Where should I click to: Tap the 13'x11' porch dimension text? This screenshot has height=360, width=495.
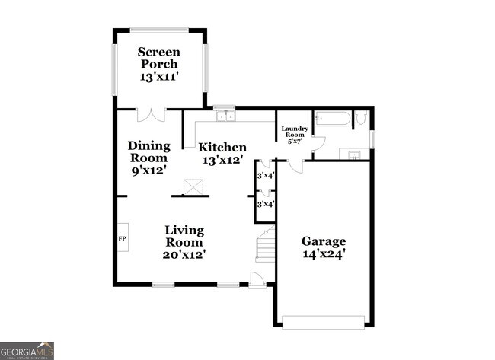point(158,77)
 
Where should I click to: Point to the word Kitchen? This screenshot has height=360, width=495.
point(222,147)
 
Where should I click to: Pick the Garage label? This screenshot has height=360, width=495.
point(324,241)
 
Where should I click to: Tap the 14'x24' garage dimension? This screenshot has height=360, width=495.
point(324,256)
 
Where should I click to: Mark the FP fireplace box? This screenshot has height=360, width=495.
point(122,238)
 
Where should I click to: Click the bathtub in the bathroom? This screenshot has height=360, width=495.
point(332,119)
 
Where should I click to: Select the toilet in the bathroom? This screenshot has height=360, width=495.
point(361,118)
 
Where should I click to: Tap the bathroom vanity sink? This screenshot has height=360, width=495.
point(354,155)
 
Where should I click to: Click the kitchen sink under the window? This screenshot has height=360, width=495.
point(225,116)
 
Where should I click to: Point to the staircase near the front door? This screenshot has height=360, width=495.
point(265,246)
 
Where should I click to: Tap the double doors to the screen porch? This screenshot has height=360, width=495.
point(150,115)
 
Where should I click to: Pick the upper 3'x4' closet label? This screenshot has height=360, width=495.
point(265,176)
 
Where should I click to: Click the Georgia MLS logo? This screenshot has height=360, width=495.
point(27,351)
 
